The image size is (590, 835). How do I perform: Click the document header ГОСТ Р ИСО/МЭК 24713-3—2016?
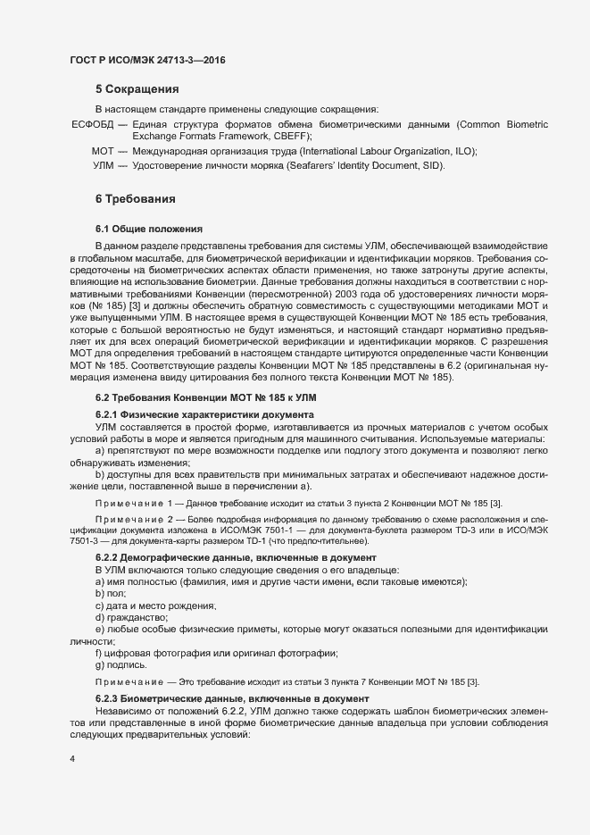click(x=146, y=60)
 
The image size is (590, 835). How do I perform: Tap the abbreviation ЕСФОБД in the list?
click(x=93, y=122)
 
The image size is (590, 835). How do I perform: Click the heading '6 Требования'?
click(x=135, y=197)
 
